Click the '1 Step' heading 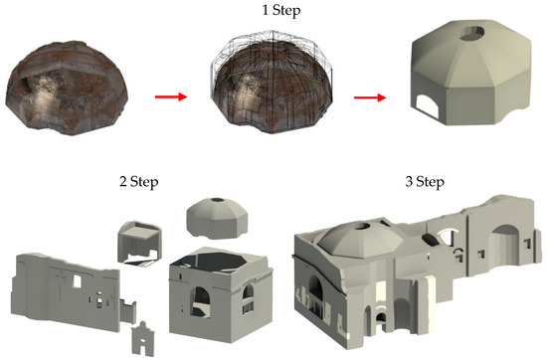tap(280, 10)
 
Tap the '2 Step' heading tap(138, 181)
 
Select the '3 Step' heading tap(425, 181)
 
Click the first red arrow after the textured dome tap(171, 96)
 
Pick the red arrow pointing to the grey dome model tap(370, 97)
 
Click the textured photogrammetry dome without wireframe tap(67, 88)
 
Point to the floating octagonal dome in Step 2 tap(218, 219)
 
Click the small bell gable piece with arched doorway tap(142, 339)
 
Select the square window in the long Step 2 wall tap(77, 281)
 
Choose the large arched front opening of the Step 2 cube tap(200, 302)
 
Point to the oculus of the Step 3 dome tap(360, 227)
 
